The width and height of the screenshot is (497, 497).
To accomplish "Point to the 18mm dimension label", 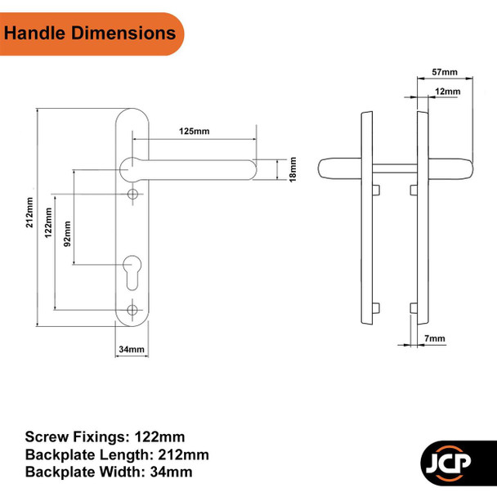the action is coord(292,170).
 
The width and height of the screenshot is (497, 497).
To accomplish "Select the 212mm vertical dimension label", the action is coord(30,213).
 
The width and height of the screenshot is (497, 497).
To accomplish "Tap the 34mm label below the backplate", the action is coord(132,350).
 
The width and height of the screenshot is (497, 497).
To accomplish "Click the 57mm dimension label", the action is coord(444,74).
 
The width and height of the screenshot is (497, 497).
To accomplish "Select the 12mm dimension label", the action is coord(447,92).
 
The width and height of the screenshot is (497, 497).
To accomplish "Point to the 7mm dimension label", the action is coord(437,338).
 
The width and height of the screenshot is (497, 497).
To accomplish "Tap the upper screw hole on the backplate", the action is coord(132,194).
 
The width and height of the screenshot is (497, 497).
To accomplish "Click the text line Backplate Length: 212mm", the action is coord(116,454).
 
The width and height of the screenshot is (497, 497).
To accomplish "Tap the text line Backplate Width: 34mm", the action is coord(110,472).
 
